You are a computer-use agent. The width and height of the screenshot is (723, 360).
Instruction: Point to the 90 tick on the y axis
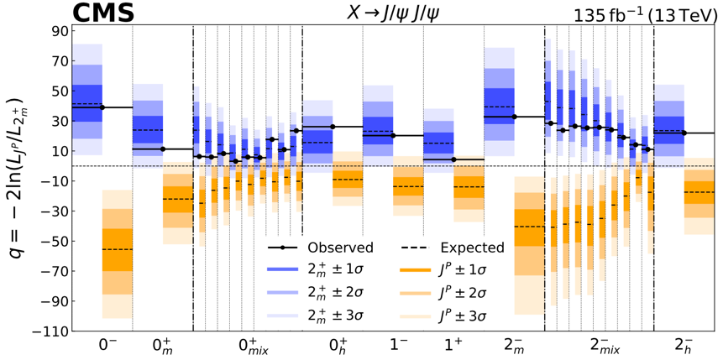58,32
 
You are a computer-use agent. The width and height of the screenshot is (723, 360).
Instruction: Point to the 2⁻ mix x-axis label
599,347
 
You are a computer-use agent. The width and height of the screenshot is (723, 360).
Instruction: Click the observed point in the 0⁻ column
102,107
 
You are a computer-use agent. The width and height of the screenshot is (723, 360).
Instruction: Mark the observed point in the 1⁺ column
453,159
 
